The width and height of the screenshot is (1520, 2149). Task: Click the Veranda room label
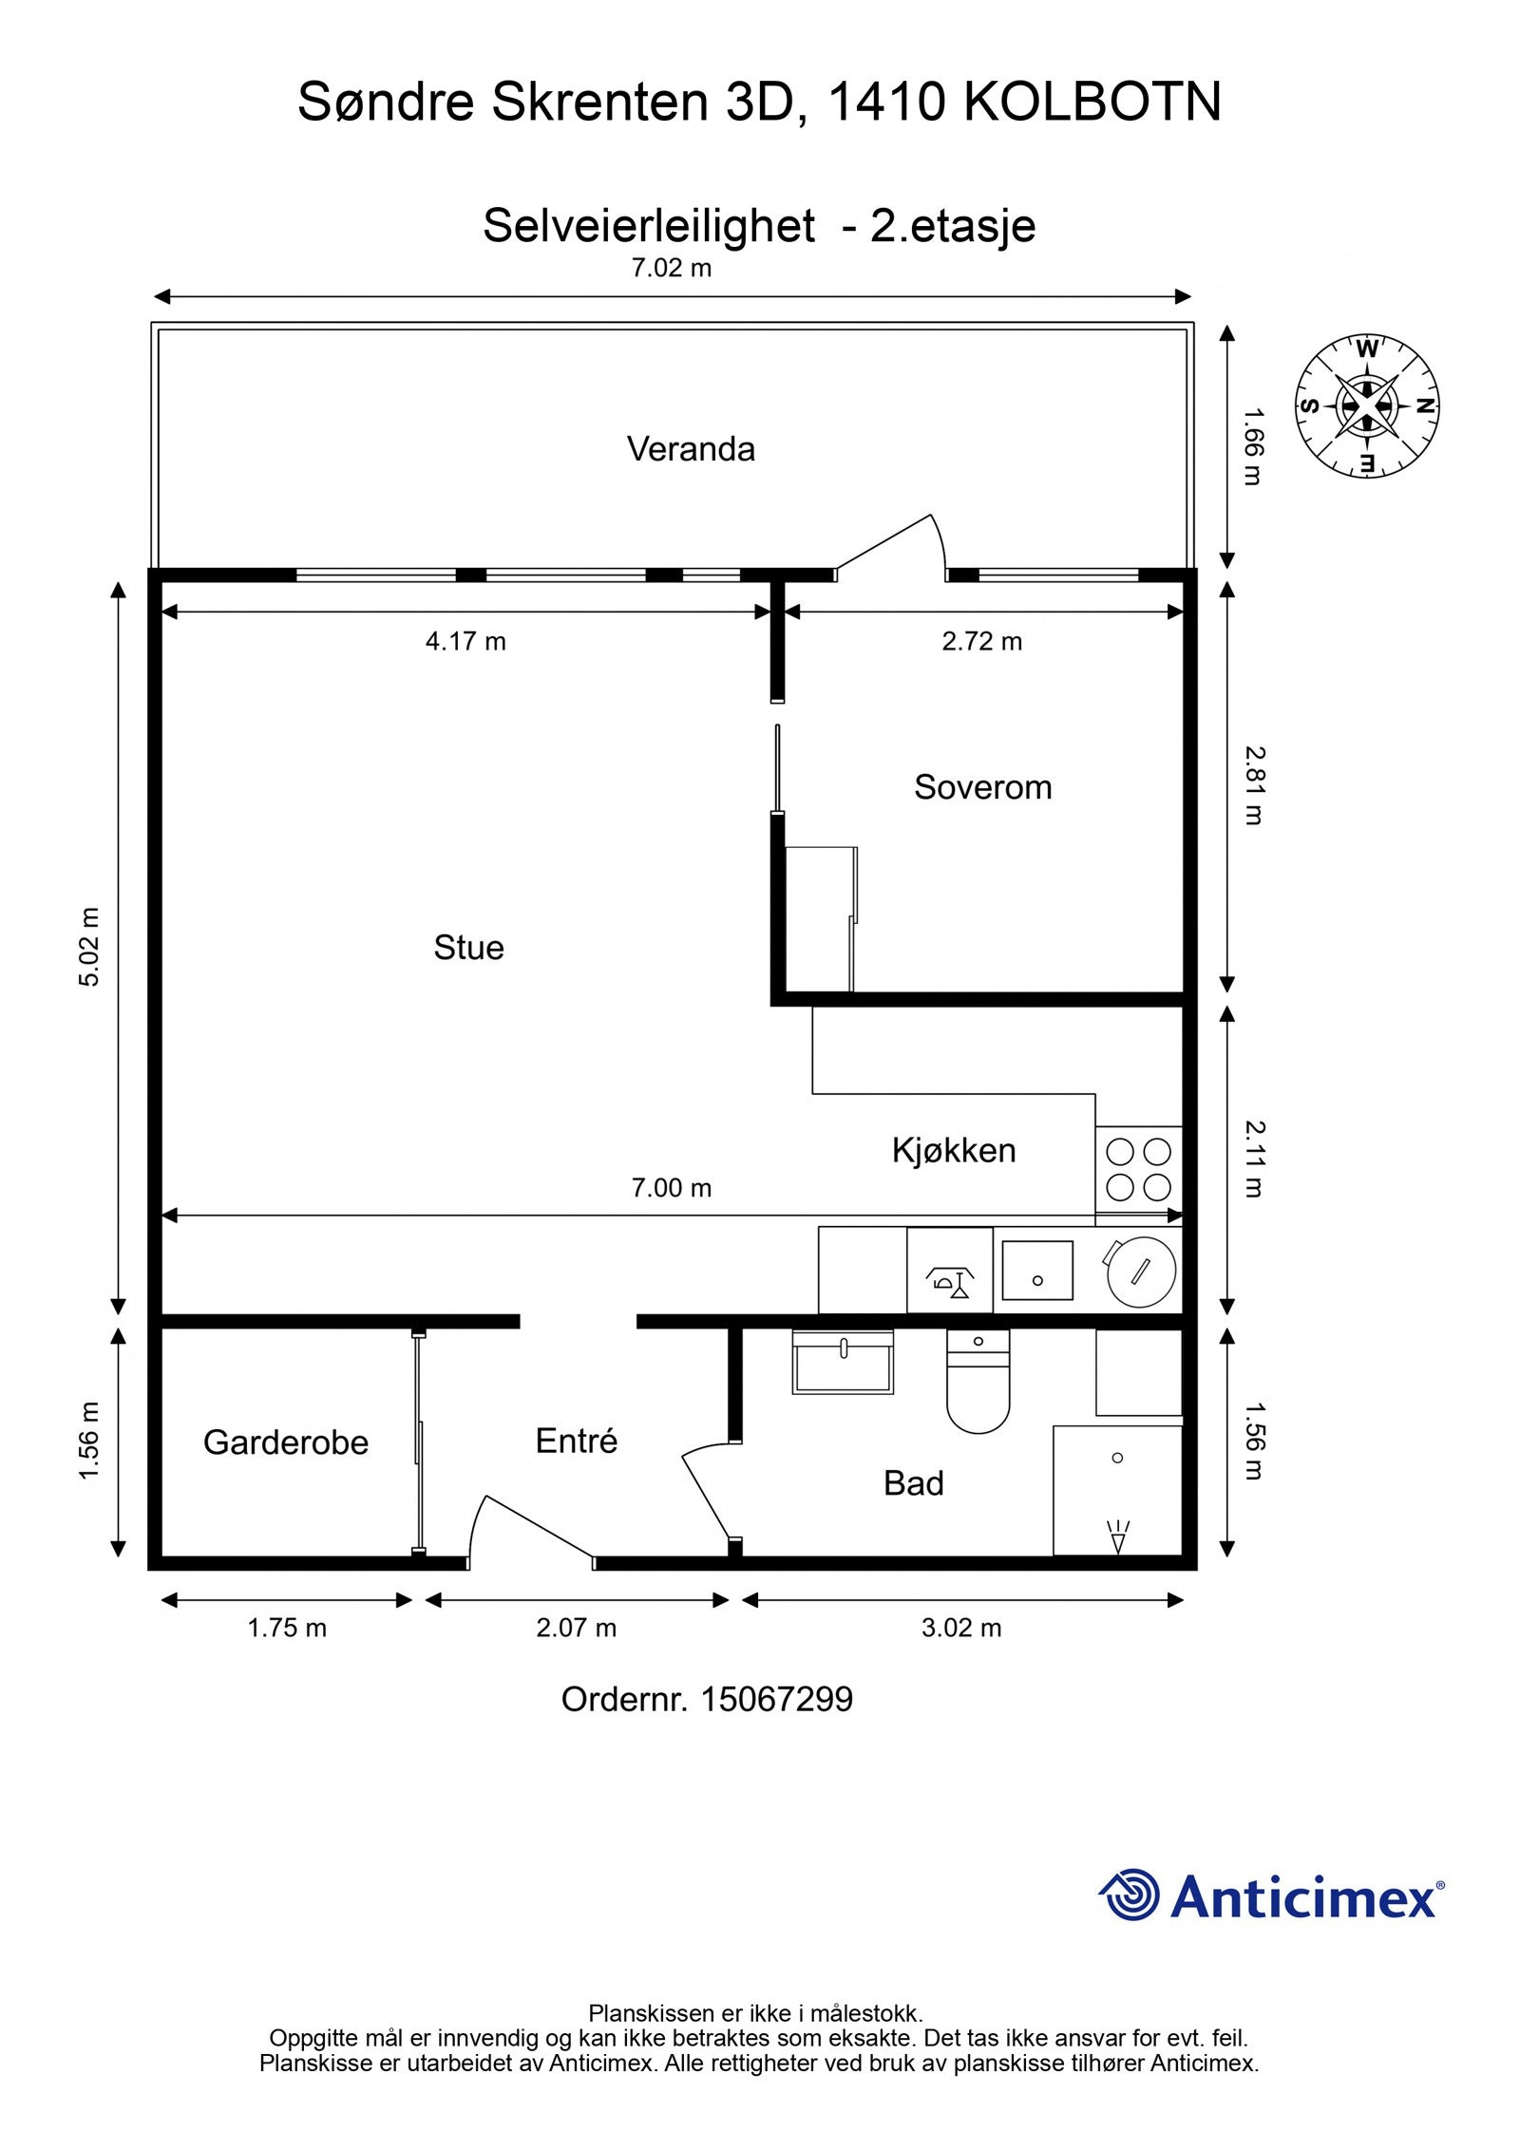coord(691,449)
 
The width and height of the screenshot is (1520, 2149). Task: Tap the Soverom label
coord(983,787)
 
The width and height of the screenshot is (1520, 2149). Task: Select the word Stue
coord(468,948)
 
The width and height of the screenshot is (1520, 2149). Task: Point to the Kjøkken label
coord(954,1150)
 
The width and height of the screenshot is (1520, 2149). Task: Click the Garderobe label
coord(286,1442)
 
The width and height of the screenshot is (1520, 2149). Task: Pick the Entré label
coord(577,1441)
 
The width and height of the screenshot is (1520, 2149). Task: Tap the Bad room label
coord(914,1483)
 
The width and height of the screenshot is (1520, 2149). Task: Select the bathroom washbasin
coord(843,1362)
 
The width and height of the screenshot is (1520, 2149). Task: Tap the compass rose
coord(1368,405)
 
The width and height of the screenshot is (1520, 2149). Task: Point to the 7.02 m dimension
coord(672,269)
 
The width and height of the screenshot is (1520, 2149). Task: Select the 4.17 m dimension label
coord(465,642)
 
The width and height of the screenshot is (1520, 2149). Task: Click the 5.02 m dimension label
coord(89,947)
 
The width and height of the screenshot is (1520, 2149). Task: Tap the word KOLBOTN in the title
coord(1092,103)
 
